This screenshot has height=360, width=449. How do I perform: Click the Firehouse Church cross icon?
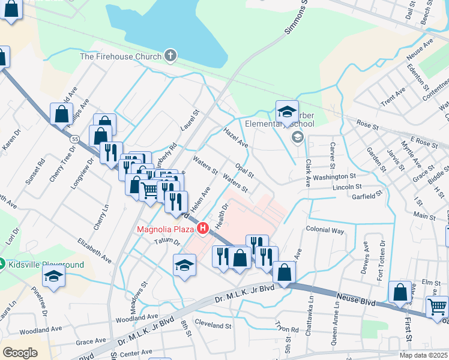click(170, 56)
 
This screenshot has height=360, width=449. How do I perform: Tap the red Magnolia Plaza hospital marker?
click(203, 229)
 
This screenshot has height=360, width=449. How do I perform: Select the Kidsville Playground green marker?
click(2, 264)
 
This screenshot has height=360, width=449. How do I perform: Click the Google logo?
click(20, 353)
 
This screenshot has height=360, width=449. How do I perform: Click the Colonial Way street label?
click(325, 230)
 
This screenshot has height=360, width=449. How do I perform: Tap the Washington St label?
click(334, 177)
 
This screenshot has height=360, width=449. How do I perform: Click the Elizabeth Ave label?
click(94, 250)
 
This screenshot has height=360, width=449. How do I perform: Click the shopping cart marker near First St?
click(438, 307)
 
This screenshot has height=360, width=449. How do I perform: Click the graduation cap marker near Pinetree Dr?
click(54, 277)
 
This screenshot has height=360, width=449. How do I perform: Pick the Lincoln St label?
click(348, 187)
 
